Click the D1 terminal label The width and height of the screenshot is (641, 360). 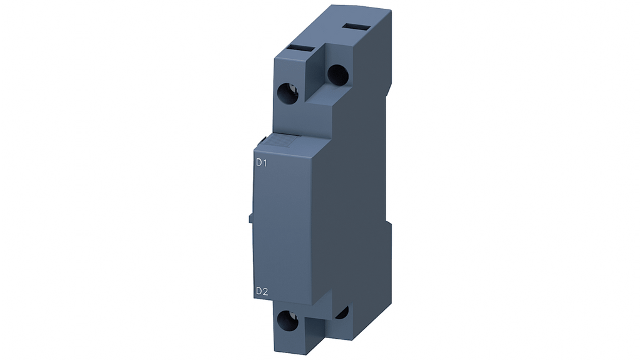coord(261,162)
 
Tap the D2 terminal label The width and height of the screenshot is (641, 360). coord(262,291)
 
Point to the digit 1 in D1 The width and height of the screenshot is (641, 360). coord(265,162)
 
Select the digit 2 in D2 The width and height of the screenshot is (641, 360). coord(265,291)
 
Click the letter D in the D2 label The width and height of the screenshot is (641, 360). coord(259,291)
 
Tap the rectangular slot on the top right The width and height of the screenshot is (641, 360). coord(356,26)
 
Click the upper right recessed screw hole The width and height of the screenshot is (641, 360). coord(337,75)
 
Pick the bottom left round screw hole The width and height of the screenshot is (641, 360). coord(288,321)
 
